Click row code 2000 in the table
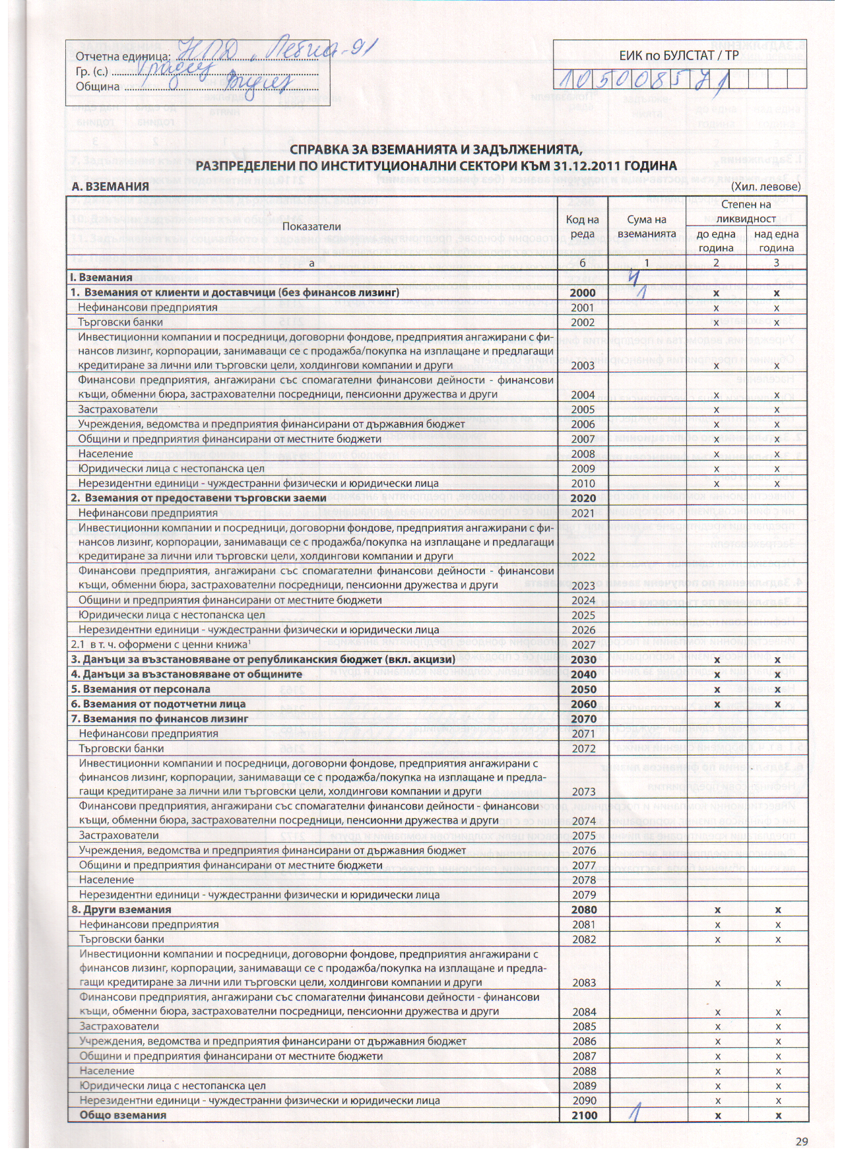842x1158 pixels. pyautogui.click(x=583, y=293)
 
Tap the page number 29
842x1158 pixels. pyautogui.click(x=801, y=1142)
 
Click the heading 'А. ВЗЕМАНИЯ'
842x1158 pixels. pyautogui.click(x=110, y=187)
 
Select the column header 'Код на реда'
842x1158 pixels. pyautogui.click(x=583, y=226)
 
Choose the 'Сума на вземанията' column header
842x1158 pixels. pyautogui.click(x=647, y=226)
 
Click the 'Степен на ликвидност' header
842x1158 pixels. pyautogui.click(x=747, y=211)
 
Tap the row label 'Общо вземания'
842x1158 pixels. pyautogui.click(x=123, y=1116)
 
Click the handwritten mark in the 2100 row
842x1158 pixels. pyautogui.click(x=634, y=1114)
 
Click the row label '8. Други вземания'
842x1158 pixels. pyautogui.click(x=121, y=910)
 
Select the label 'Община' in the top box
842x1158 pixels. pyautogui.click(x=98, y=86)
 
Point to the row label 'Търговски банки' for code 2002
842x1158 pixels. pyautogui.click(x=120, y=323)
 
